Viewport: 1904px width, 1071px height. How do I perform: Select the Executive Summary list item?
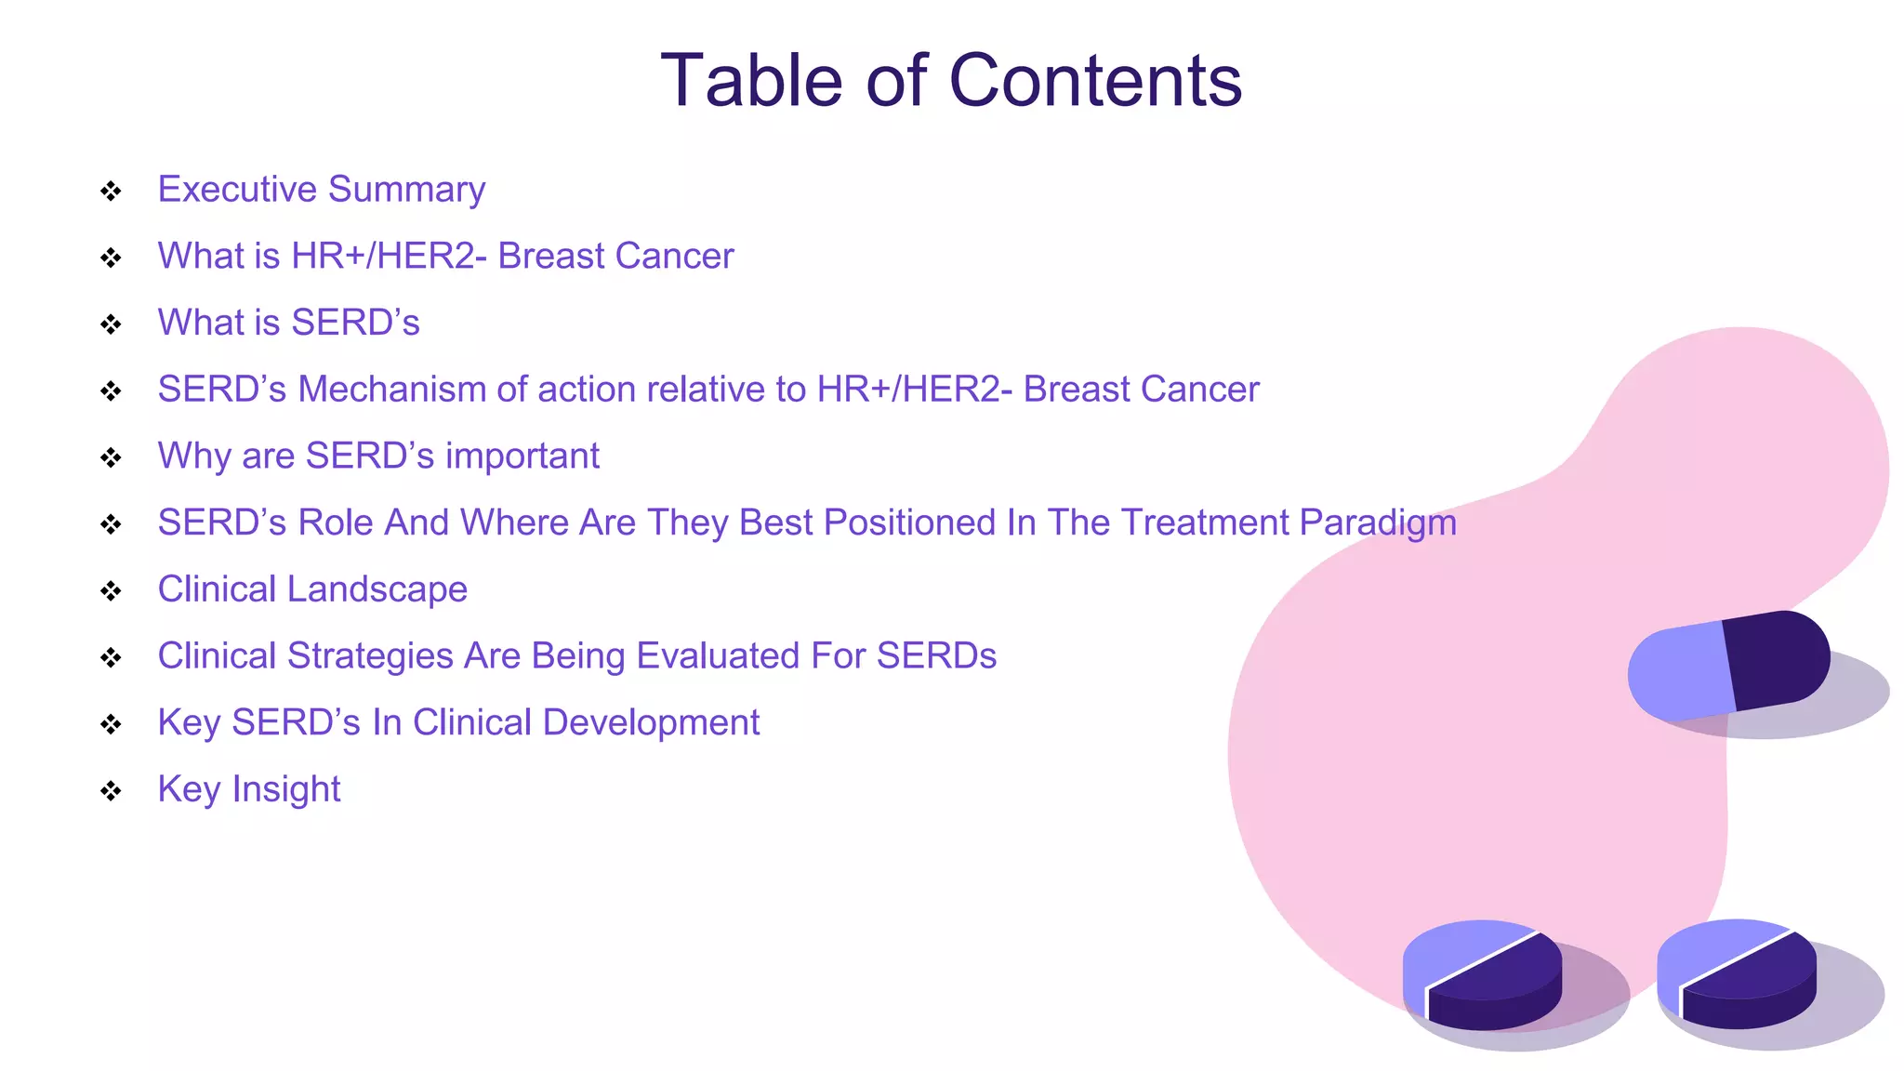click(321, 190)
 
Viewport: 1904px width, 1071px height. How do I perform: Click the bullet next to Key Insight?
click(111, 791)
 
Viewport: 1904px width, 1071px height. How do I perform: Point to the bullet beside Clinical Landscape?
click(111, 591)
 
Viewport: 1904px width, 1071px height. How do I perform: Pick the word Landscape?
click(383, 590)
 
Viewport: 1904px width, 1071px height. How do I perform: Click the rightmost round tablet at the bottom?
click(1737, 973)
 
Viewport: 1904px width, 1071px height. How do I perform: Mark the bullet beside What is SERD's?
click(111, 324)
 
